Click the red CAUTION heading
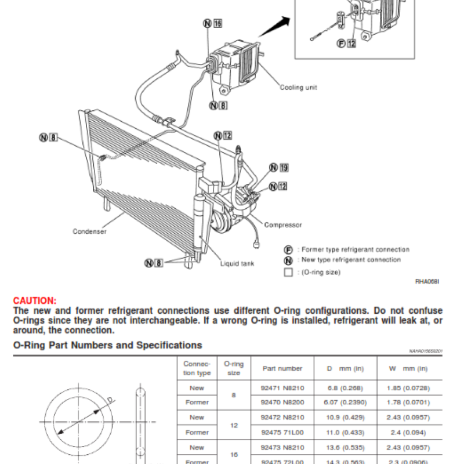[x=35, y=300]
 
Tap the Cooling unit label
[x=299, y=88]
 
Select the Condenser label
[x=89, y=231]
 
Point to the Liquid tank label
[x=237, y=263]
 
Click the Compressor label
[x=283, y=225]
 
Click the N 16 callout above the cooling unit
[x=213, y=24]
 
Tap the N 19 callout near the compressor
[x=278, y=168]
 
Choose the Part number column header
[x=282, y=368]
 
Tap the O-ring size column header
[x=234, y=368]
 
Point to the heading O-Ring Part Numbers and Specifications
[x=108, y=345]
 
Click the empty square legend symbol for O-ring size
[x=288, y=272]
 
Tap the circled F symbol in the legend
[x=288, y=249]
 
